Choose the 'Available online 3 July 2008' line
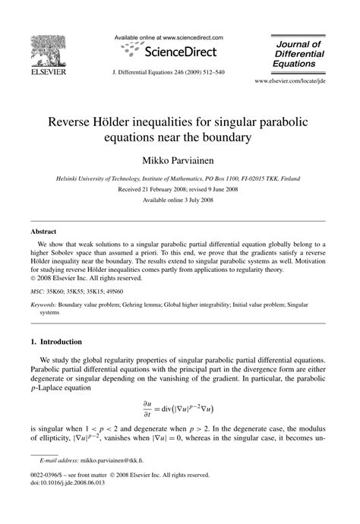(180, 200)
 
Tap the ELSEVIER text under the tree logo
(46, 74)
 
